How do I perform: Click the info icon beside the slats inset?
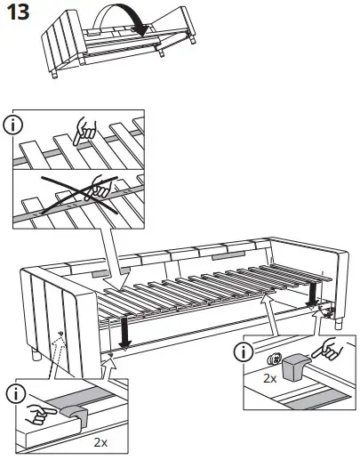point(17,125)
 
